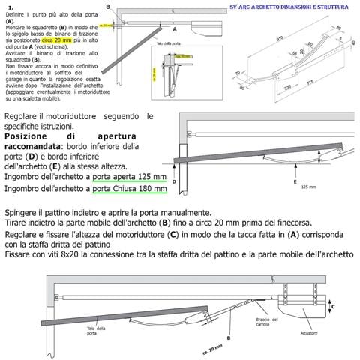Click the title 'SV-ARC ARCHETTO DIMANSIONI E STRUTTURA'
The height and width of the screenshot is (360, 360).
click(289, 7)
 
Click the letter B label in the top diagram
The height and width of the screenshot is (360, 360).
click(108, 7)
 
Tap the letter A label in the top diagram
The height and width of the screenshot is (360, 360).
click(174, 31)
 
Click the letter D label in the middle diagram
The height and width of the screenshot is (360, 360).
click(174, 181)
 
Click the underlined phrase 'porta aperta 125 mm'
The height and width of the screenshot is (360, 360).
click(125, 177)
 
